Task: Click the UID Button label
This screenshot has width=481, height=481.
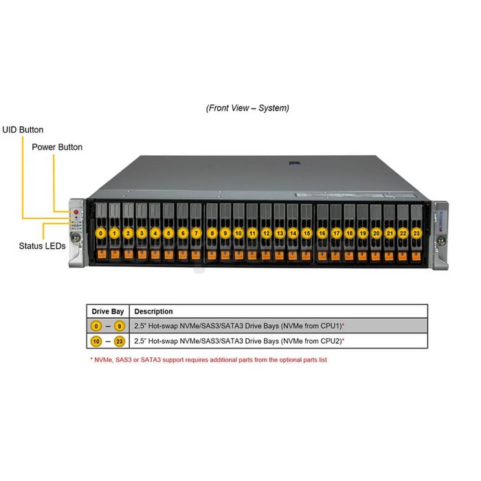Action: tap(23, 130)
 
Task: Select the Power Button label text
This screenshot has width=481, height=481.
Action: tap(57, 147)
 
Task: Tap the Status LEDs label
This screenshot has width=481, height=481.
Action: tap(42, 246)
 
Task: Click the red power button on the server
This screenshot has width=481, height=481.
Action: tap(76, 212)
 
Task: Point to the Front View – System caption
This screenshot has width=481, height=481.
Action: tap(247, 108)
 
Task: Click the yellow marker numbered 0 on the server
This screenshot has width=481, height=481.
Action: tap(100, 234)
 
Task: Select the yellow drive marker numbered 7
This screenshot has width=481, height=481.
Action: tap(197, 234)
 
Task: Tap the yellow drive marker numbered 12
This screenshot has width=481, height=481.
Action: tap(267, 234)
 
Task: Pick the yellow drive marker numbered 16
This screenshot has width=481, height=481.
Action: tap(322, 234)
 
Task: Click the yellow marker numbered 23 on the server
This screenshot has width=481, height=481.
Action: tap(416, 234)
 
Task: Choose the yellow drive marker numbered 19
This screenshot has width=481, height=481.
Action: tap(363, 234)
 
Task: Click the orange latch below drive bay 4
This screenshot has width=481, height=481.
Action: tap(155, 255)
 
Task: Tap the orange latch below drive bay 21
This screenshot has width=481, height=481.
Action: tap(389, 256)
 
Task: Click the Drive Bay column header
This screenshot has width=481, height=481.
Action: tap(108, 312)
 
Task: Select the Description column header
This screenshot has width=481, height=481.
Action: tap(153, 312)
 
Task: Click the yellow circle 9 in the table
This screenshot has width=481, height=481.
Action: tap(120, 326)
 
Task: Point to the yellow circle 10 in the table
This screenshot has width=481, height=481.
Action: tap(96, 341)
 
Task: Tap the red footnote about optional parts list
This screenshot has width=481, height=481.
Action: tap(209, 360)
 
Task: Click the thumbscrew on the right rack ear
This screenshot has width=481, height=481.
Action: tap(441, 240)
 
